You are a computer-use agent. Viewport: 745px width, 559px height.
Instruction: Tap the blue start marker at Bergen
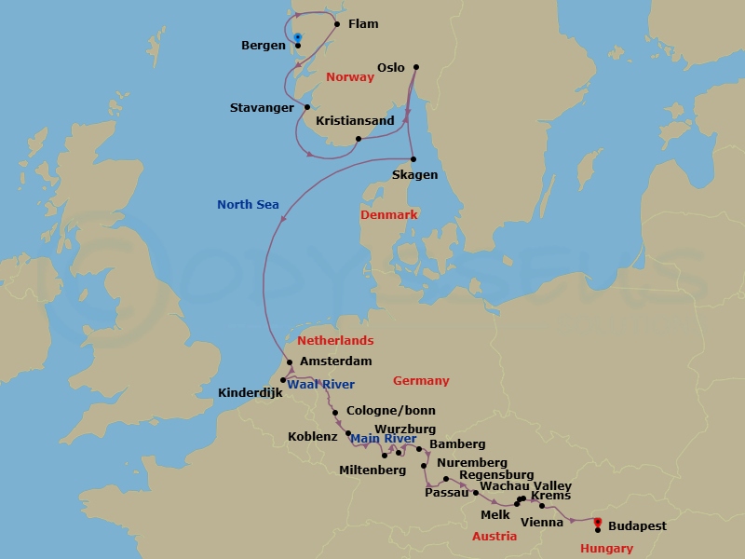298,37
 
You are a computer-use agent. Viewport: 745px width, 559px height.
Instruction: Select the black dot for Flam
337,24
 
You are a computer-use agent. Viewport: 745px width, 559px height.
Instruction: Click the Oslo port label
391,67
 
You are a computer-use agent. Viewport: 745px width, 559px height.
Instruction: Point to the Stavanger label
262,108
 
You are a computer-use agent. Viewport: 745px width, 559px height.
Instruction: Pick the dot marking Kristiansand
359,139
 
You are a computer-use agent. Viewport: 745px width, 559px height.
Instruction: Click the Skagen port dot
413,158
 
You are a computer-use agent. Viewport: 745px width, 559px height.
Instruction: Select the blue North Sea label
248,205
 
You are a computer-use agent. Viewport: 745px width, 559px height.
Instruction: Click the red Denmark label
388,215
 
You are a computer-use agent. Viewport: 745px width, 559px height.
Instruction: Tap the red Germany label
421,381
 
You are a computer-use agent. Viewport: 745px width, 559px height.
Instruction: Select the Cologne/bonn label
390,411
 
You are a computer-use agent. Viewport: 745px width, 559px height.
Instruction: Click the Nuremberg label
471,463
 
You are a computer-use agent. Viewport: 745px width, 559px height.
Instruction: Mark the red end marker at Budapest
598,522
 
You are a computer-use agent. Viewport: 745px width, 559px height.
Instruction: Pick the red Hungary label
606,549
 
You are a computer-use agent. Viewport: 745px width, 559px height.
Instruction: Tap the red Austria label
494,537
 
